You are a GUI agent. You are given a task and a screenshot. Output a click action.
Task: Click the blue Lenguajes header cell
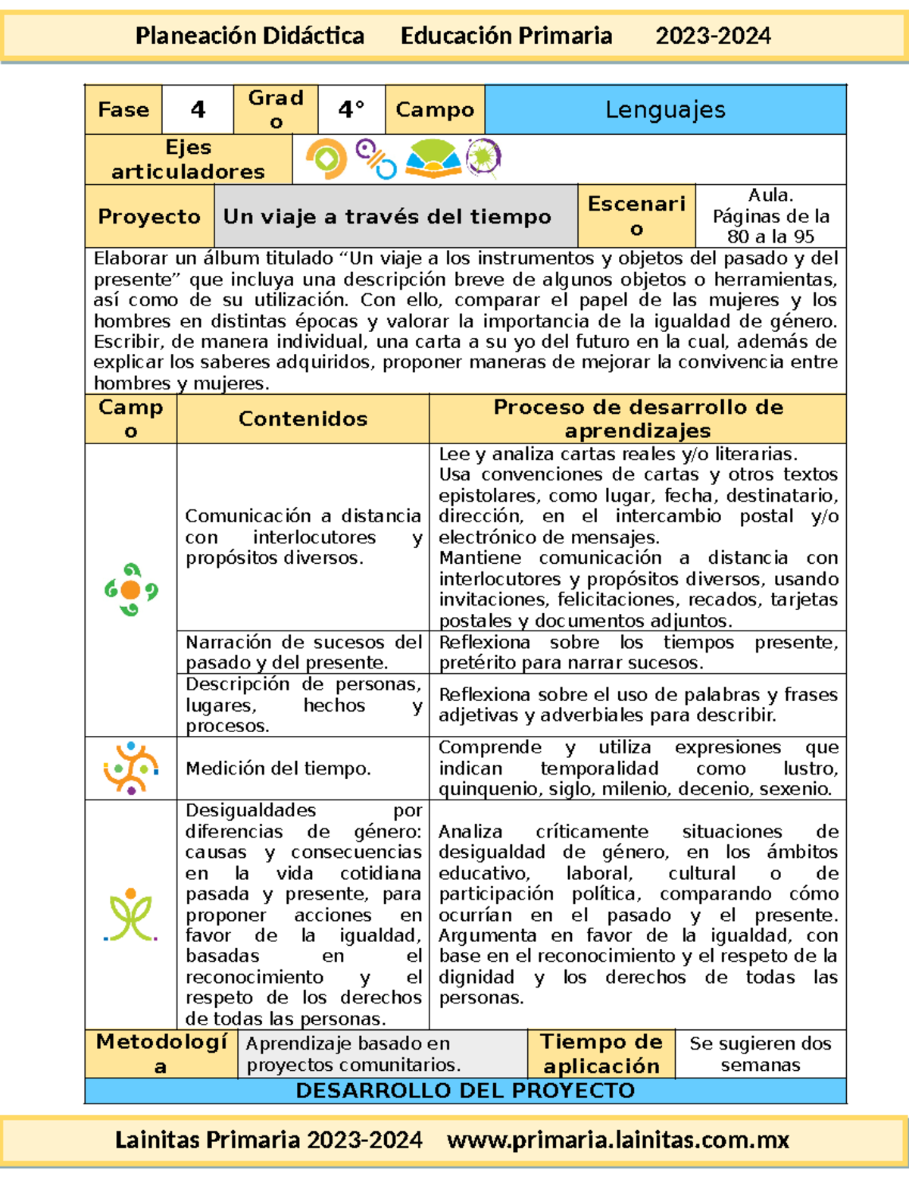665,110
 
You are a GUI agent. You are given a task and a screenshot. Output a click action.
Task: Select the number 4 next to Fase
198,110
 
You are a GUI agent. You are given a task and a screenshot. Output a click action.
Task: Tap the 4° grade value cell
351,110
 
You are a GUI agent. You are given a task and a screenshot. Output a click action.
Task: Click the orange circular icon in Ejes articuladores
326,159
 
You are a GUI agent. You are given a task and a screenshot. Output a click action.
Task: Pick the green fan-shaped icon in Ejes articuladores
433,159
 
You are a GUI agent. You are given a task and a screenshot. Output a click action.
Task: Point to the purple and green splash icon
483,158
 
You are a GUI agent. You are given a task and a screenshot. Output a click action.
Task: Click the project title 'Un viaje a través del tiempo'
387,217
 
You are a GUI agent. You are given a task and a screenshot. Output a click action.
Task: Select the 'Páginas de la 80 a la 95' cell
770,217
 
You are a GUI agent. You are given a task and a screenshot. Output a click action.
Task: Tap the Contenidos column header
303,418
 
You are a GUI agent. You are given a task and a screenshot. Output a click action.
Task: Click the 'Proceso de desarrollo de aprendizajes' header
638,418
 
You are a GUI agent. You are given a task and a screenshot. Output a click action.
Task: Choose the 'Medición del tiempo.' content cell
278,768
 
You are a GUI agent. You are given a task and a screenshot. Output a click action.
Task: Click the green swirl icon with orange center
131,590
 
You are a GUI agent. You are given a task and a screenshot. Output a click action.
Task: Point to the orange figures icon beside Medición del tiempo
131,768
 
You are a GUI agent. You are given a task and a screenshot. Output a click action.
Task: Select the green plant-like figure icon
131,915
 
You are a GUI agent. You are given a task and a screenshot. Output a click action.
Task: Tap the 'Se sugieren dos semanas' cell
761,1053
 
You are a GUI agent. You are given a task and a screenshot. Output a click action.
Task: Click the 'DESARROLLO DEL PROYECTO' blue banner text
465,1091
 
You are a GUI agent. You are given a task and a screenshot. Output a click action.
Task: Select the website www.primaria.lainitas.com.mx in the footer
618,1140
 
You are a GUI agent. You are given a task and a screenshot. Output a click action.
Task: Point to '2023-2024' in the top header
713,36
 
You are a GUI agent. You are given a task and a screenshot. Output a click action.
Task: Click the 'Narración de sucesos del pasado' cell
303,652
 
